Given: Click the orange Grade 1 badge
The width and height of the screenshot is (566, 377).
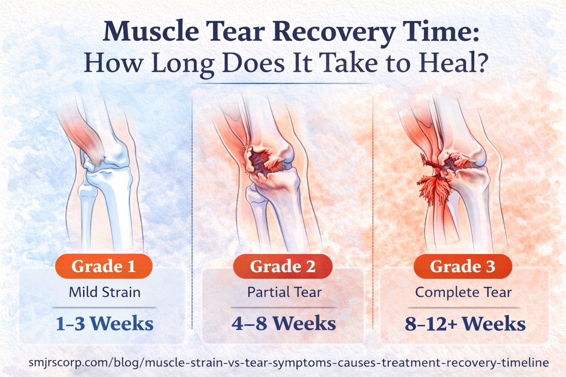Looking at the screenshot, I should (104, 266).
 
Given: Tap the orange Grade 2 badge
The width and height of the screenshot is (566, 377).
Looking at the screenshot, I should (283, 266).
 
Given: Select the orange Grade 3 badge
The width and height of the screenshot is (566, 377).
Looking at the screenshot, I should (462, 266).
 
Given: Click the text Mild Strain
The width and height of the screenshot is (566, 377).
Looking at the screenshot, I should (105, 292).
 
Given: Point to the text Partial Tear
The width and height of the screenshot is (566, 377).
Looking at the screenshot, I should (284, 292).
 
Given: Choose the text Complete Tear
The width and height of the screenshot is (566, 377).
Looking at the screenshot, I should (463, 292).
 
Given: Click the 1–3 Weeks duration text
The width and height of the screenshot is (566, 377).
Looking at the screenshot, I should (105, 324).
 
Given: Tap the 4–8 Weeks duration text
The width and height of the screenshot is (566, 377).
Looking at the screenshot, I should (284, 324).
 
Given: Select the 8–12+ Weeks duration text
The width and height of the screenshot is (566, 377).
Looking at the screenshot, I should (465, 324).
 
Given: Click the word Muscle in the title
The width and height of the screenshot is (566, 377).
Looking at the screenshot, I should (151, 32).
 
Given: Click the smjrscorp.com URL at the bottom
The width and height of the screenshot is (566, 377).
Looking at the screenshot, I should (289, 363).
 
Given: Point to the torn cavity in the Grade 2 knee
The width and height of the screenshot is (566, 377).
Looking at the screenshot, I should (262, 162).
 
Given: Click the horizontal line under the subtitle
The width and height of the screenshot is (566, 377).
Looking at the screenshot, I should (284, 84).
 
